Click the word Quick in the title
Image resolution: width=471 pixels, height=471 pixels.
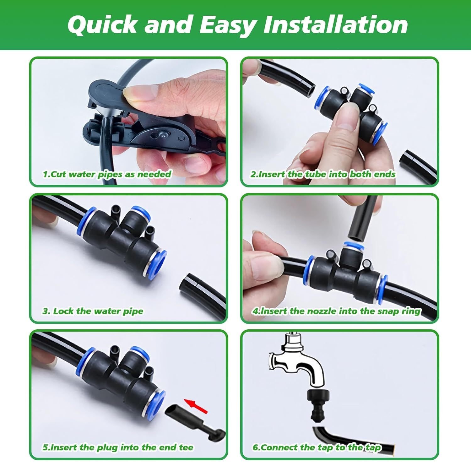[x=102, y=25]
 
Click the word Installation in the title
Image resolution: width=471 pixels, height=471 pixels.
[x=335, y=25]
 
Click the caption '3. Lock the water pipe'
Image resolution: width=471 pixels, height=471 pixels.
[x=93, y=311]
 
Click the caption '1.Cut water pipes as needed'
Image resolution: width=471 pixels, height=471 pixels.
[x=107, y=174]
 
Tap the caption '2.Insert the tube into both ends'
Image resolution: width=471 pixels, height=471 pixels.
[x=322, y=174]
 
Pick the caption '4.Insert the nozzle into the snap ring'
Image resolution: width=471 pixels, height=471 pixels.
[x=336, y=311]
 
